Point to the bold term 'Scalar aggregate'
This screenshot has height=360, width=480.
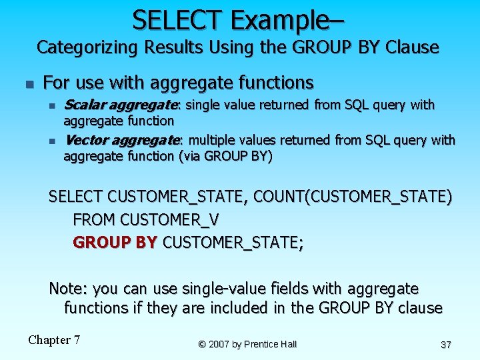[121, 105]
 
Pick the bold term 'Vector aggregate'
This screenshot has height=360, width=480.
[121, 140]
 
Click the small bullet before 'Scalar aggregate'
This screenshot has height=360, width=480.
[51, 106]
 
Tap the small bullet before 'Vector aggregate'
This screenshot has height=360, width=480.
[51, 141]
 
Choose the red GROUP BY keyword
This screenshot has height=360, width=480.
[115, 242]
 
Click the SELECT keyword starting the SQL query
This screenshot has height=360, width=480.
[75, 197]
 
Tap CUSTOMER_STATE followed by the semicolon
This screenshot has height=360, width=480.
[233, 242]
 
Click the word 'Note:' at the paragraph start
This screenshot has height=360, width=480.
[69, 289]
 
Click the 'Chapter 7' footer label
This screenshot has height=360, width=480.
[54, 340]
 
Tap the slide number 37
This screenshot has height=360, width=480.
[446, 344]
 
